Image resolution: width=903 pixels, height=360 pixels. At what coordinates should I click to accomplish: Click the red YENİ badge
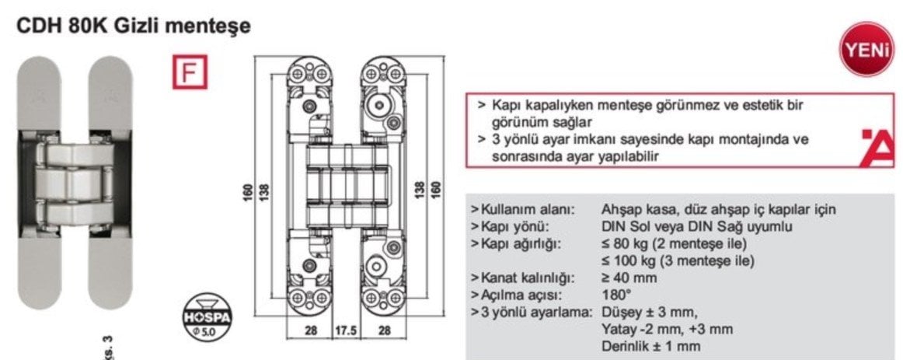click(x=866, y=49)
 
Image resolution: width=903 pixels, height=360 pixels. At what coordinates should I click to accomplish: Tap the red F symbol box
click(x=190, y=72)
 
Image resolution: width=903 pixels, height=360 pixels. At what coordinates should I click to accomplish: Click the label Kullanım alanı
click(x=524, y=210)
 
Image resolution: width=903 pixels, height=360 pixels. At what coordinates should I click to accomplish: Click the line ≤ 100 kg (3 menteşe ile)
click(x=678, y=261)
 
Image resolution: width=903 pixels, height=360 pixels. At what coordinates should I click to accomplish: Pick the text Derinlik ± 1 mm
click(x=650, y=346)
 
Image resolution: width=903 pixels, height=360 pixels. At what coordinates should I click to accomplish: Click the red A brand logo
click(x=877, y=148)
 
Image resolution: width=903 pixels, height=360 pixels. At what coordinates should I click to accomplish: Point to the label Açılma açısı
click(x=517, y=295)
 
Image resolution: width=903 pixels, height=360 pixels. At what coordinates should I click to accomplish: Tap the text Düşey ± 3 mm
click(x=650, y=313)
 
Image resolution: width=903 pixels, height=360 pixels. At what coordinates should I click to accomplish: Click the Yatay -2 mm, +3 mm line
click(x=667, y=330)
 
